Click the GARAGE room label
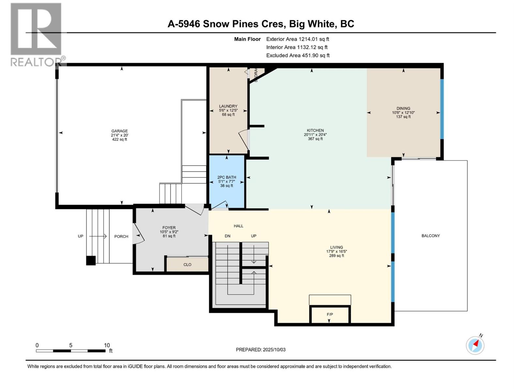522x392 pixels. [x=119, y=131]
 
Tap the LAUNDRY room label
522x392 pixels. [x=228, y=106]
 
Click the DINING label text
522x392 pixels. [x=403, y=108]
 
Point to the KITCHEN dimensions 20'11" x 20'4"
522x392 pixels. [x=315, y=135]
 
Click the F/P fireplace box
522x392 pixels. [x=330, y=315]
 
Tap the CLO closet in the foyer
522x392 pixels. [x=187, y=265]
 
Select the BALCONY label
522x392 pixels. [x=431, y=236]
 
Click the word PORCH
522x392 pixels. [x=121, y=237]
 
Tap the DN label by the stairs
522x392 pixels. [x=227, y=236]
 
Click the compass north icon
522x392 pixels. [x=475, y=345]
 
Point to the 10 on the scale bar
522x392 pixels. [x=107, y=345]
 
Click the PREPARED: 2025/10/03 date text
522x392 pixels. [x=261, y=350]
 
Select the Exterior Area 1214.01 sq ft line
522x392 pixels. [x=298, y=39]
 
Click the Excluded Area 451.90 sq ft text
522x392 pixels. [x=298, y=56]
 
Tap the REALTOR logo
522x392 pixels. [x=36, y=34]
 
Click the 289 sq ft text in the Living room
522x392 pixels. [x=336, y=256]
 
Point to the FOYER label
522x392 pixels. [x=169, y=228]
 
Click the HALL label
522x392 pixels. [x=238, y=226]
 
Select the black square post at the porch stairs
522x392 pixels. [x=91, y=260]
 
